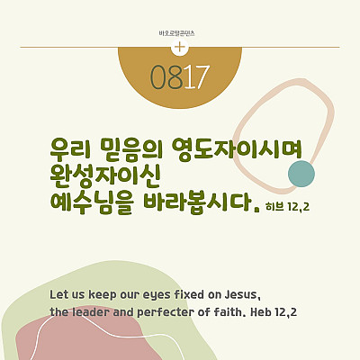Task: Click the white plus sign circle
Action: tap(180, 48)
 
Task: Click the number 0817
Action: tap(180, 77)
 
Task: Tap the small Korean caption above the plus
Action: tap(177, 33)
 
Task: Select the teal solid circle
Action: tap(301, 174)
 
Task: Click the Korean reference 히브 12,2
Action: tap(288, 206)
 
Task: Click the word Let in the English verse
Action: tap(58, 294)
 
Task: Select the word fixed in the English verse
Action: tap(189, 294)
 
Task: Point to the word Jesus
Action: tap(242, 295)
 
